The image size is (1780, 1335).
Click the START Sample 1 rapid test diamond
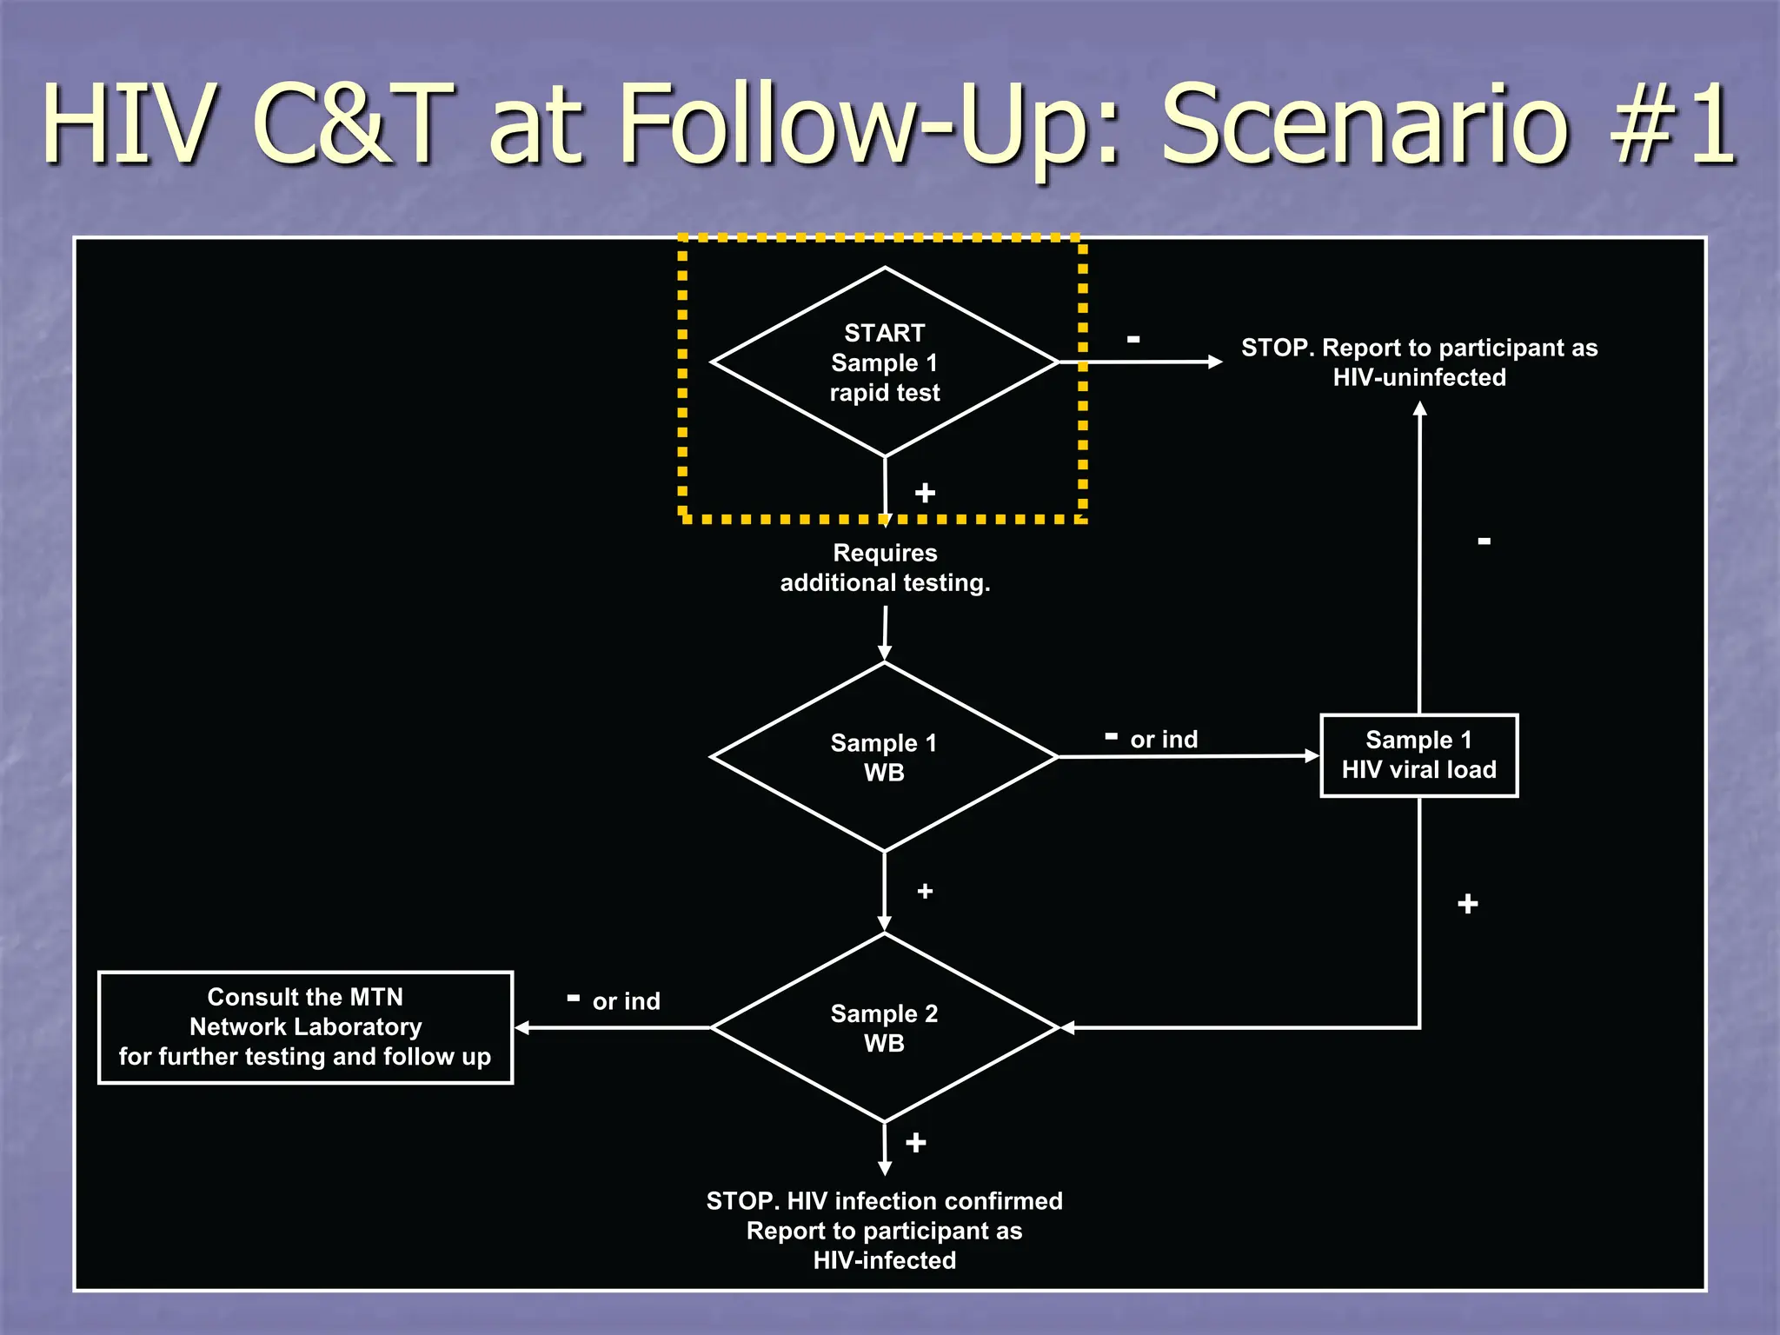click(884, 362)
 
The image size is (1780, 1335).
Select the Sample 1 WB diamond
click(884, 757)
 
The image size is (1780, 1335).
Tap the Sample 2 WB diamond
click(884, 1027)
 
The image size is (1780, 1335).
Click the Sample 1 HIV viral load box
click(1418, 755)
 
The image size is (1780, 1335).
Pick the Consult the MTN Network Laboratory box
click(305, 1027)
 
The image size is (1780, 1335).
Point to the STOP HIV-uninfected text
click(1418, 362)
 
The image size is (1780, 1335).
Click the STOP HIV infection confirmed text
click(884, 1230)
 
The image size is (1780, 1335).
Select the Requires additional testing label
click(885, 568)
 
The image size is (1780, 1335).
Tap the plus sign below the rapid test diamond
click(925, 493)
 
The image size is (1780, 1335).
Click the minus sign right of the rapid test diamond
click(1133, 339)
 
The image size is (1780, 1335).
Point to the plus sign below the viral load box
click(1467, 904)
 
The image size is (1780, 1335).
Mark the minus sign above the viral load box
click(1484, 541)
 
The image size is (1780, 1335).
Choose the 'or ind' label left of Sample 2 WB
click(626, 1001)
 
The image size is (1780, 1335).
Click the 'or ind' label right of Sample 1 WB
click(1163, 740)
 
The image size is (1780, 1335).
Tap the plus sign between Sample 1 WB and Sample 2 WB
click(925, 891)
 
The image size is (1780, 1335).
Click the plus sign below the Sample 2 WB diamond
click(915, 1142)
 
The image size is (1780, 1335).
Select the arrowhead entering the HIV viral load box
click(1312, 756)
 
